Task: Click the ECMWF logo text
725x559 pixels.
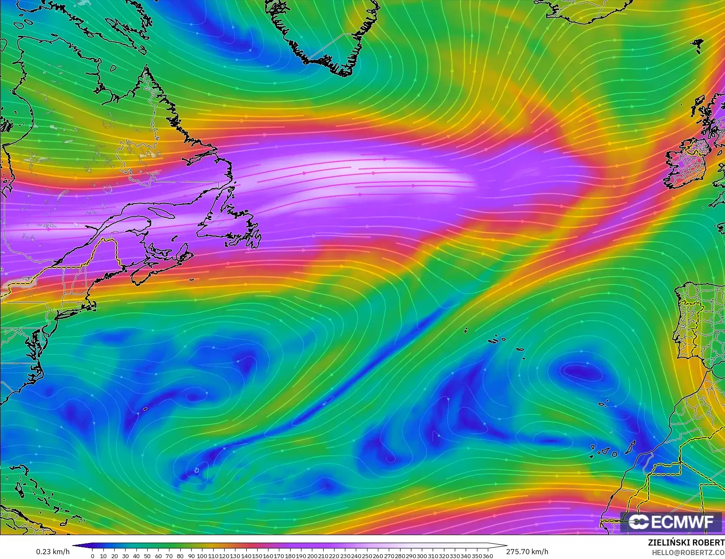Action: coord(671,522)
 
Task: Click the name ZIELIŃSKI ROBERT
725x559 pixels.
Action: coord(686,542)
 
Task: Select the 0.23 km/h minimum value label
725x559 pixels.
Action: coord(53,552)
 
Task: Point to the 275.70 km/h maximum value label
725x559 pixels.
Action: coord(527,552)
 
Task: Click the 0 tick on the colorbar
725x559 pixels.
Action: coord(93,556)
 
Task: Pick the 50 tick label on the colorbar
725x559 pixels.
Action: coord(147,556)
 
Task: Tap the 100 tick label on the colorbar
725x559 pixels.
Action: coord(202,556)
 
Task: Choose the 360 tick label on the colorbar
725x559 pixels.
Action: coord(487,556)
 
